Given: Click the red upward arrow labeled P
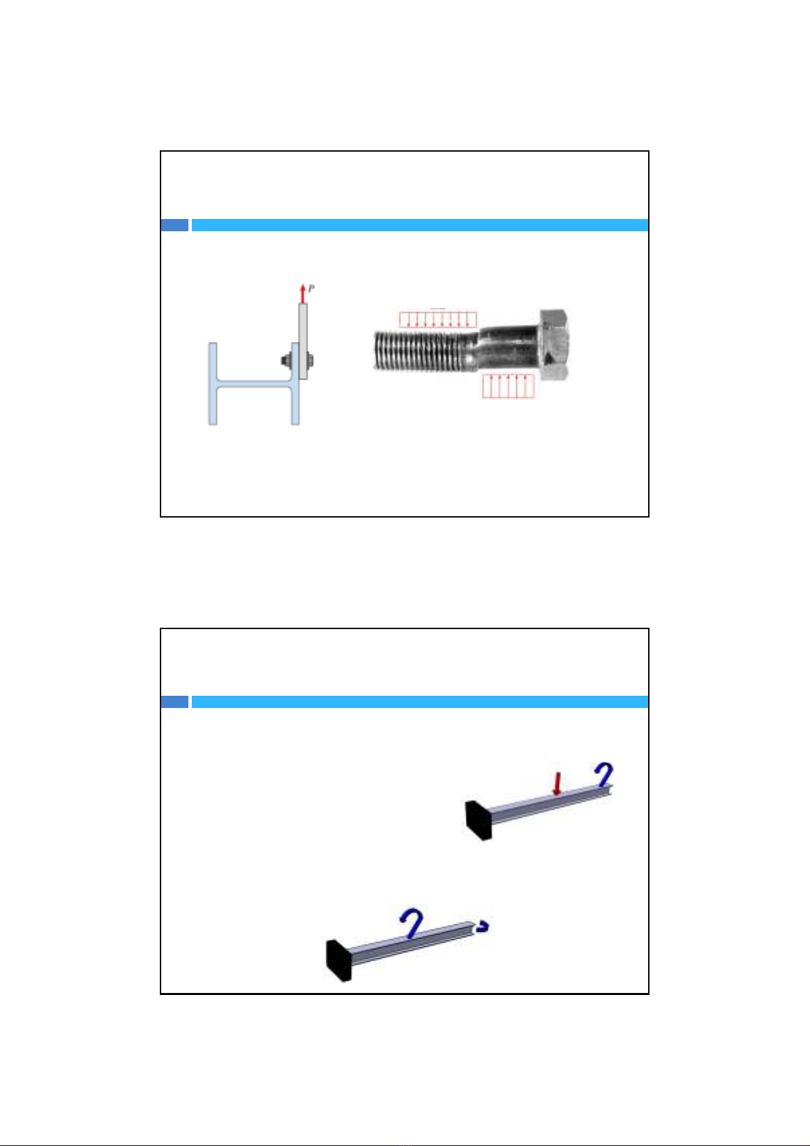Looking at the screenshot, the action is [303, 294].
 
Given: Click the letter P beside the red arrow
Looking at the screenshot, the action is [311, 288].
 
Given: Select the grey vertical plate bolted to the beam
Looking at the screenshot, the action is [303, 341].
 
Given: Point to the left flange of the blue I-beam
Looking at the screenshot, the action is [213, 384].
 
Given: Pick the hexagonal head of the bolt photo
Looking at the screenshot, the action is [553, 345].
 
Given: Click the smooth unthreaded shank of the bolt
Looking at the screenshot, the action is [507, 349].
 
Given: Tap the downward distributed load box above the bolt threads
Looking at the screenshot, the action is [438, 320].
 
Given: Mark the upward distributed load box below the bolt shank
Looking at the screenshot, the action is [508, 386].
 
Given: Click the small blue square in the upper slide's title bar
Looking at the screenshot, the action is [175, 225].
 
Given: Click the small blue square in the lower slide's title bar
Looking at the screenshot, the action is [175, 702].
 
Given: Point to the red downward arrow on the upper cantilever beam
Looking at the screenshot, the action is [557, 783].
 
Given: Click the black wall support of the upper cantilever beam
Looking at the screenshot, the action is [478, 820].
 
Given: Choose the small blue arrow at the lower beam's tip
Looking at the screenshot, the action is [482, 926].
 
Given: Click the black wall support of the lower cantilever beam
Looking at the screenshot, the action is [339, 960].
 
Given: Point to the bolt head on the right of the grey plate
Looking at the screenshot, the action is [310, 360].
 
